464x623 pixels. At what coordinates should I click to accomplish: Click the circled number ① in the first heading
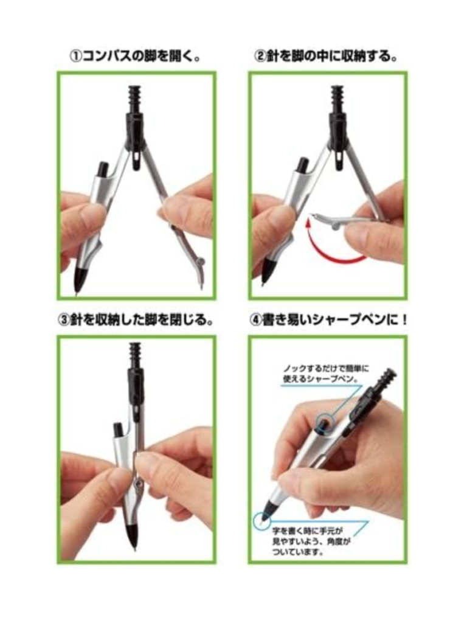click(75, 57)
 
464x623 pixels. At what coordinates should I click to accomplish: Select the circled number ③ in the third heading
click(64, 320)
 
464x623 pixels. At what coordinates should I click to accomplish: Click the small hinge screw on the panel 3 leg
click(139, 482)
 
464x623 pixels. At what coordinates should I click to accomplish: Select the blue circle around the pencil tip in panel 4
click(260, 520)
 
